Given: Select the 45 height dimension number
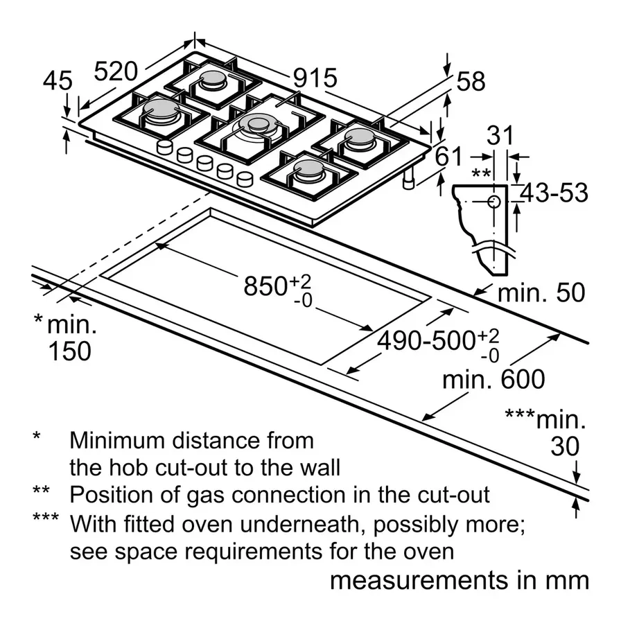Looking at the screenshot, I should [57, 81].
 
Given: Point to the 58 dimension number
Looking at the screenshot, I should [471, 82].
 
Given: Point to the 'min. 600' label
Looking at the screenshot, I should [493, 380].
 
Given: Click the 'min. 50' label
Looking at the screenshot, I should [541, 293].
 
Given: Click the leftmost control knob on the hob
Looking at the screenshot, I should [166, 147].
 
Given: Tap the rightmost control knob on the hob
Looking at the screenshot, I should [245, 179].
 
